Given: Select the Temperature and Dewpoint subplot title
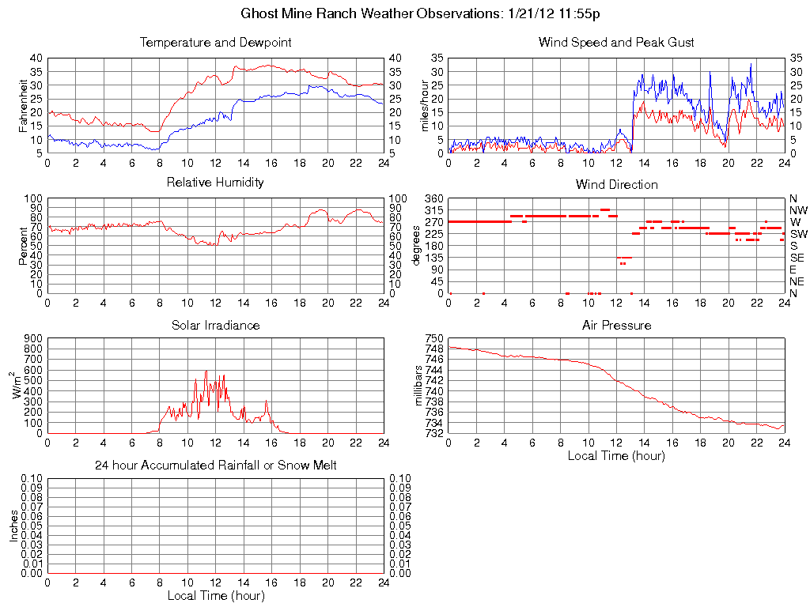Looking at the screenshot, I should pos(215,43).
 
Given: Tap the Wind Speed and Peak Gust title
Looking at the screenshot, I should pos(616,43).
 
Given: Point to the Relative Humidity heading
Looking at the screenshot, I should pos(215,183).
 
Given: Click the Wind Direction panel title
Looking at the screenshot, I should pos(616,185).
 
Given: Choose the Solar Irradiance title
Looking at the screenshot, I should pos(215,325).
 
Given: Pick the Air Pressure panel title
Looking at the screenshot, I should pos(616,325).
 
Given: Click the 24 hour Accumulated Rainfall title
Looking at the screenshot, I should pos(215,466).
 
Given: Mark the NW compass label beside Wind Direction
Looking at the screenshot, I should pos(798,210).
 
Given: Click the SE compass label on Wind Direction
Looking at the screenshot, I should pos(797,258).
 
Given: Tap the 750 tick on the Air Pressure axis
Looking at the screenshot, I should pos(434,338).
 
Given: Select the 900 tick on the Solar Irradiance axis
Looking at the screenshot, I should pos(32,338).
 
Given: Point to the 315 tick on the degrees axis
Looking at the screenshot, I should pos(433,210).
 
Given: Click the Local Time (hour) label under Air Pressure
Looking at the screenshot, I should pos(616,455).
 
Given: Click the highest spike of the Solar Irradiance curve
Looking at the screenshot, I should pos(206,371).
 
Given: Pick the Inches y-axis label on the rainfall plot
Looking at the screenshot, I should pos(13,526).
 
